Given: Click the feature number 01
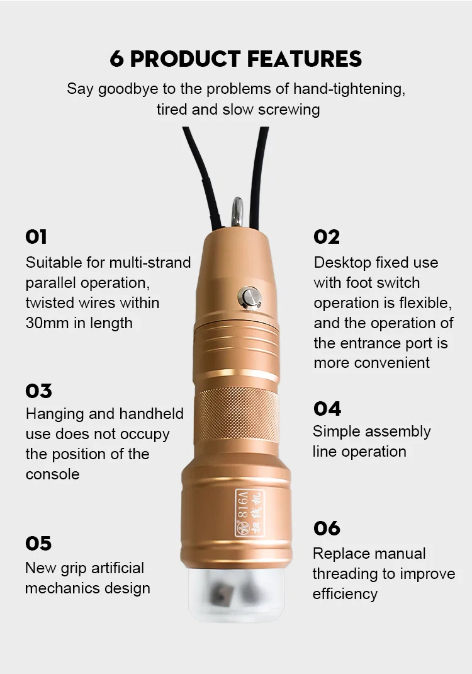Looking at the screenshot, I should (x=37, y=237).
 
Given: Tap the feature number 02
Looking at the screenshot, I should (x=327, y=237).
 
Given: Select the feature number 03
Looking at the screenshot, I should (x=38, y=391).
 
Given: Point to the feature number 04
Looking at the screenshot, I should (x=327, y=408).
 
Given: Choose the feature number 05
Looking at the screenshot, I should (x=38, y=543).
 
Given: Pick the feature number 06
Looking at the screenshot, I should (x=327, y=528).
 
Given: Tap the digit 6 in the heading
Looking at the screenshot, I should (x=116, y=59).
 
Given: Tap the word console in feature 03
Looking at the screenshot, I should (x=53, y=474).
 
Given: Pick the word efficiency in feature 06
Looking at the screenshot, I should (x=345, y=594).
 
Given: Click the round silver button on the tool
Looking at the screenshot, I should (x=249, y=295).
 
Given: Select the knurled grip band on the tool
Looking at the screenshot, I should (x=239, y=414).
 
